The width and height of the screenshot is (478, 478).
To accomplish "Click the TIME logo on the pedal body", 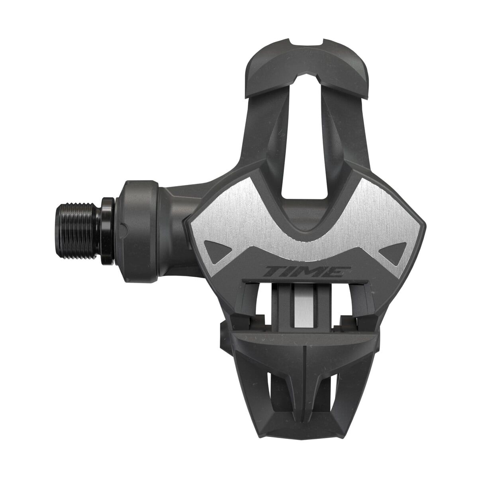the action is tap(307, 272).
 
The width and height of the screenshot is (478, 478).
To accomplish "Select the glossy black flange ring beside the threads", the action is tap(108, 231).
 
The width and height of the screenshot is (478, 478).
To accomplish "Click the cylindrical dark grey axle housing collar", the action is tap(137, 231).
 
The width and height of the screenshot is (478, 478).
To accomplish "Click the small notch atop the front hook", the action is tap(307, 42).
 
